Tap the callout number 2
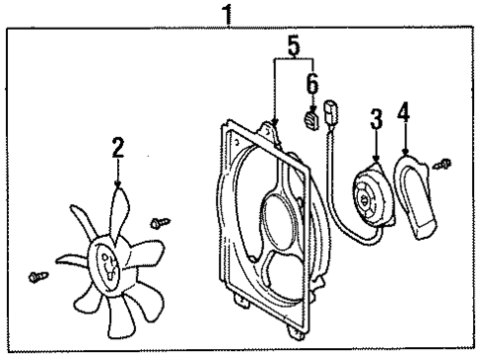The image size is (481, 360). click(x=117, y=149)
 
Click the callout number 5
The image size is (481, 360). click(x=293, y=45)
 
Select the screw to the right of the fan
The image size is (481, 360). click(x=156, y=225)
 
